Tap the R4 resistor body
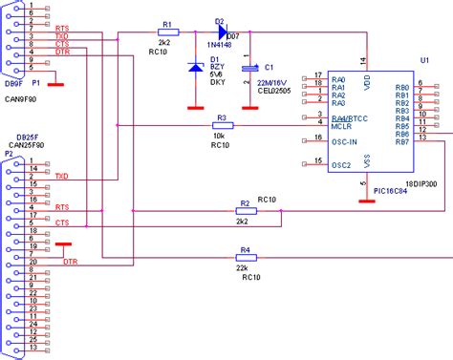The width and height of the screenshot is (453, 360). (x=245, y=259)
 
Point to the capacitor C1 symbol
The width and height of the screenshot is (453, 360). (x=250, y=69)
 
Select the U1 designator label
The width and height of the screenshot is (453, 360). (x=424, y=60)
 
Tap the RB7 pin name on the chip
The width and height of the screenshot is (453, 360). (x=402, y=142)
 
